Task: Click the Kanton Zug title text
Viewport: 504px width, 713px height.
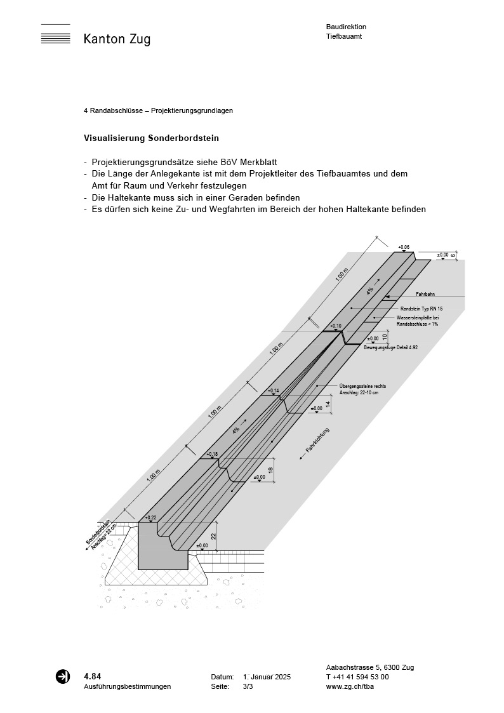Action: coord(117,39)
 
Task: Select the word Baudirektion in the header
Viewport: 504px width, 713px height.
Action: coord(346,27)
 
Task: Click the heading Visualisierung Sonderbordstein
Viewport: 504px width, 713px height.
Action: coord(152,138)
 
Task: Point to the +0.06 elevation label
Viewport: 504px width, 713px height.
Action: coord(404,247)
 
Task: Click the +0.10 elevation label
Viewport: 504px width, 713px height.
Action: coord(336,326)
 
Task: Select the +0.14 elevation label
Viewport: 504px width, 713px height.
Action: coord(274,390)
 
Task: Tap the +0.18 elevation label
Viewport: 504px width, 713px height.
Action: coord(211,454)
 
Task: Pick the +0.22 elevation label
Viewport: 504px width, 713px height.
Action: coord(150,517)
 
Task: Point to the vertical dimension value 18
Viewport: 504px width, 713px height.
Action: coord(270,470)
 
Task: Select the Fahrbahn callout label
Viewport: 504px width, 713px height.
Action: coord(425,295)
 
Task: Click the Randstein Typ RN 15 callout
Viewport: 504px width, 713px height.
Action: coord(421,308)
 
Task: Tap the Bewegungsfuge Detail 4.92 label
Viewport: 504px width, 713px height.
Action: coord(390,348)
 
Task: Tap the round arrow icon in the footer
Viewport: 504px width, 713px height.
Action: coord(63,677)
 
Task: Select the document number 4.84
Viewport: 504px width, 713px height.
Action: coord(92,676)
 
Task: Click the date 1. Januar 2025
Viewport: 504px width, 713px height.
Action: coord(267,677)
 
